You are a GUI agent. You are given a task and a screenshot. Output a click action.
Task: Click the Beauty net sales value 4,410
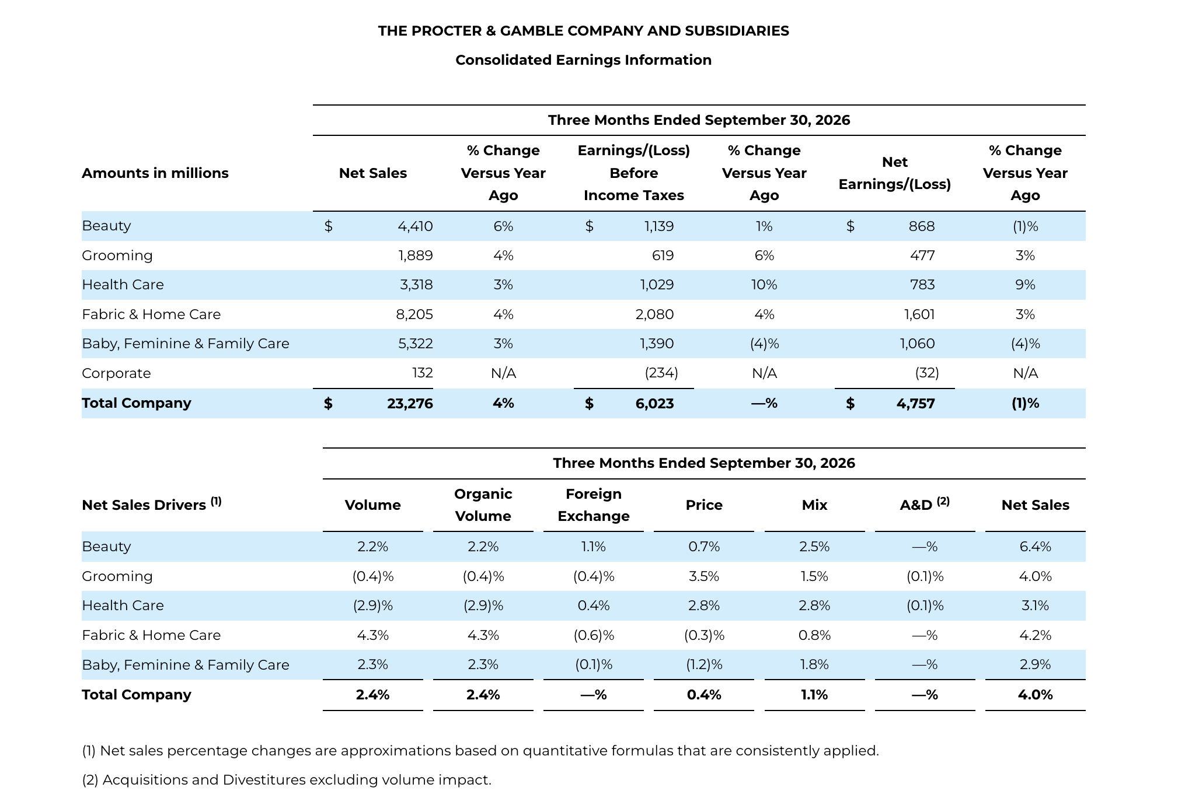(415, 226)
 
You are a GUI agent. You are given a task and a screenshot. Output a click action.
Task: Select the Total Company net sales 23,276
(410, 404)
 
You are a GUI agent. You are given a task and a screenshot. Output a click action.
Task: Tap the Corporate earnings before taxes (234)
(661, 373)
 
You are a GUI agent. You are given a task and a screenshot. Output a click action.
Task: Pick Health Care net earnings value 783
(922, 285)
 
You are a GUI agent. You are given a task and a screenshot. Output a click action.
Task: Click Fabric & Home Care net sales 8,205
(414, 315)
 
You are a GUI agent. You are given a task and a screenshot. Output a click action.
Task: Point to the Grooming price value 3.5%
(704, 577)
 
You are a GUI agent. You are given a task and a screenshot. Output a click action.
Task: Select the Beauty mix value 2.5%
(814, 547)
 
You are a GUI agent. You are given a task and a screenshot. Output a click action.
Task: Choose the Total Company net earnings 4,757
(916, 404)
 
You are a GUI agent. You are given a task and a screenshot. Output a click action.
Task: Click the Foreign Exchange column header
(594, 505)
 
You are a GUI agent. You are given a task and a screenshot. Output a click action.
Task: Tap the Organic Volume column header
(483, 505)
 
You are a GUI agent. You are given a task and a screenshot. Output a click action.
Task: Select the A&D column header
(925, 504)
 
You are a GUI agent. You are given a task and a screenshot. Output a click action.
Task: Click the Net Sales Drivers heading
(152, 504)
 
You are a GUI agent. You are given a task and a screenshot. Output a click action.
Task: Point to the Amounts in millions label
(155, 173)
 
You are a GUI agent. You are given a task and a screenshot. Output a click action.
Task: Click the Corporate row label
(116, 373)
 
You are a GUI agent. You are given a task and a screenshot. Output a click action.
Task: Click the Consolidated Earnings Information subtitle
(584, 60)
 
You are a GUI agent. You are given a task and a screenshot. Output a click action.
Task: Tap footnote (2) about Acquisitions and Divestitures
(287, 780)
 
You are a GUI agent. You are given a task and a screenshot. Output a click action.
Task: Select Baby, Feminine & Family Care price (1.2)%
(704, 665)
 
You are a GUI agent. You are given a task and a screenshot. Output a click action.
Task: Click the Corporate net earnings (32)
(927, 373)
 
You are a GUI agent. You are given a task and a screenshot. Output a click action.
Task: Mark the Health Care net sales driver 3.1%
(1035, 606)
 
